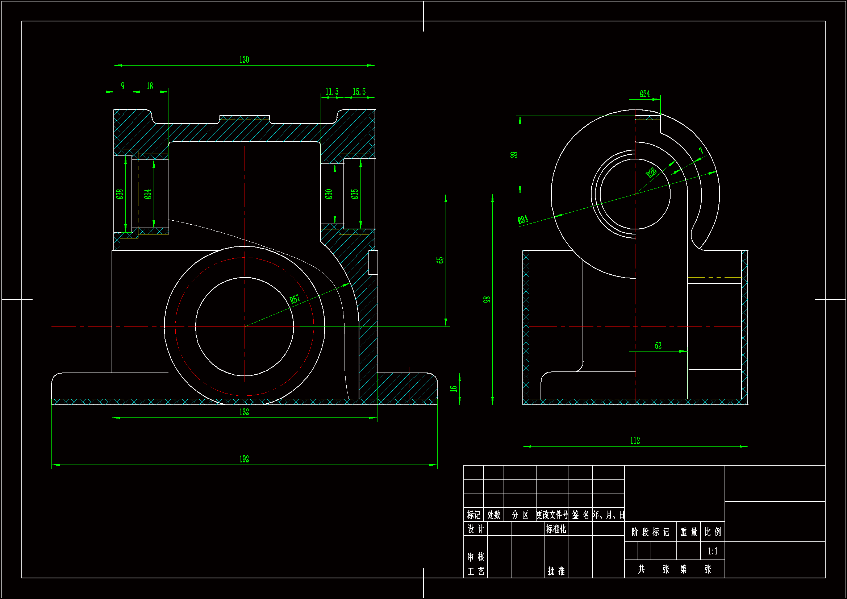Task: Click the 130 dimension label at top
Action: pyautogui.click(x=244, y=60)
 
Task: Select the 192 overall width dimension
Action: pyautogui.click(x=244, y=459)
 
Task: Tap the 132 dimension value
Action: pyautogui.click(x=244, y=412)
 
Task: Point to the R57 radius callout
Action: pyautogui.click(x=295, y=299)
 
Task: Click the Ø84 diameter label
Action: pyautogui.click(x=523, y=220)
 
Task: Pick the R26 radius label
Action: pyautogui.click(x=651, y=173)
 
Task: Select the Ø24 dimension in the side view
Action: pyautogui.click(x=645, y=94)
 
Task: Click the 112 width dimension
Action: pyautogui.click(x=635, y=441)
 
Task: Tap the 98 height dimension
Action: pyautogui.click(x=487, y=300)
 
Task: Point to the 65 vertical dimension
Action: pyautogui.click(x=440, y=260)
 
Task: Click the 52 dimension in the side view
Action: pyautogui.click(x=658, y=346)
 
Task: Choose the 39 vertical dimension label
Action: pyautogui.click(x=514, y=155)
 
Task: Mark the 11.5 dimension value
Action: pyautogui.click(x=331, y=92)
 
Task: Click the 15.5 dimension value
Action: pyautogui.click(x=359, y=92)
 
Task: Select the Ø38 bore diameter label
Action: pyautogui.click(x=119, y=194)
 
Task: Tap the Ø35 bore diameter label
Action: pyautogui.click(x=355, y=194)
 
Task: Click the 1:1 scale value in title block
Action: pyautogui.click(x=713, y=552)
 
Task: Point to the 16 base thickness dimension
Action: pyautogui.click(x=453, y=389)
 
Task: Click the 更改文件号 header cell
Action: pyautogui.click(x=552, y=515)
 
